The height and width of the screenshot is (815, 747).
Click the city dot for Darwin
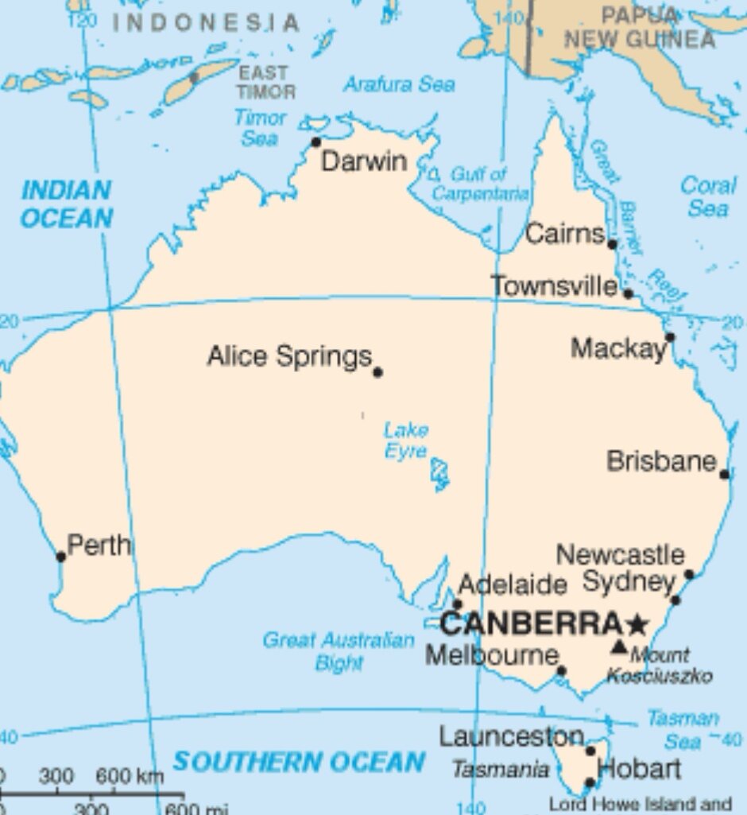coord(316,142)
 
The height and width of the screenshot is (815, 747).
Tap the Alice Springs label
coord(289,356)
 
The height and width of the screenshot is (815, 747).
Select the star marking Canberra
coord(637,623)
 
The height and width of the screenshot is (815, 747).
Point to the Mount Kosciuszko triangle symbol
coord(619,646)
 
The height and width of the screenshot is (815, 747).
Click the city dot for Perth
coord(61,557)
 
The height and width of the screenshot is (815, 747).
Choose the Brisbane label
coord(661,461)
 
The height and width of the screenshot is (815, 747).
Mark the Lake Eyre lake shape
coord(439,474)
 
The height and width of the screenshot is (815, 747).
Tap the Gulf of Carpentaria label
coord(479,184)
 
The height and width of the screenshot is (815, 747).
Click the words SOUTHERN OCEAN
coord(299,762)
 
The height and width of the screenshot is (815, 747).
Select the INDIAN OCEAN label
coord(66,204)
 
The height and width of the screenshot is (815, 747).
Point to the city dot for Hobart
coord(590,783)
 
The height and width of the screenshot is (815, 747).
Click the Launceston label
coord(512,737)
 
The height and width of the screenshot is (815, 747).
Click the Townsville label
coord(554,286)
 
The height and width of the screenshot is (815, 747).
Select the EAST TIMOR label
coord(265,83)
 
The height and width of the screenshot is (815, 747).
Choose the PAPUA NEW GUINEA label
coord(640,27)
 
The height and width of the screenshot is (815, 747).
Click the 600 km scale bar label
coord(130,775)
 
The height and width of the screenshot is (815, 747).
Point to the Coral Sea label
coord(708,196)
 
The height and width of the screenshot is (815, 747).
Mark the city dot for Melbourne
coord(561,671)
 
